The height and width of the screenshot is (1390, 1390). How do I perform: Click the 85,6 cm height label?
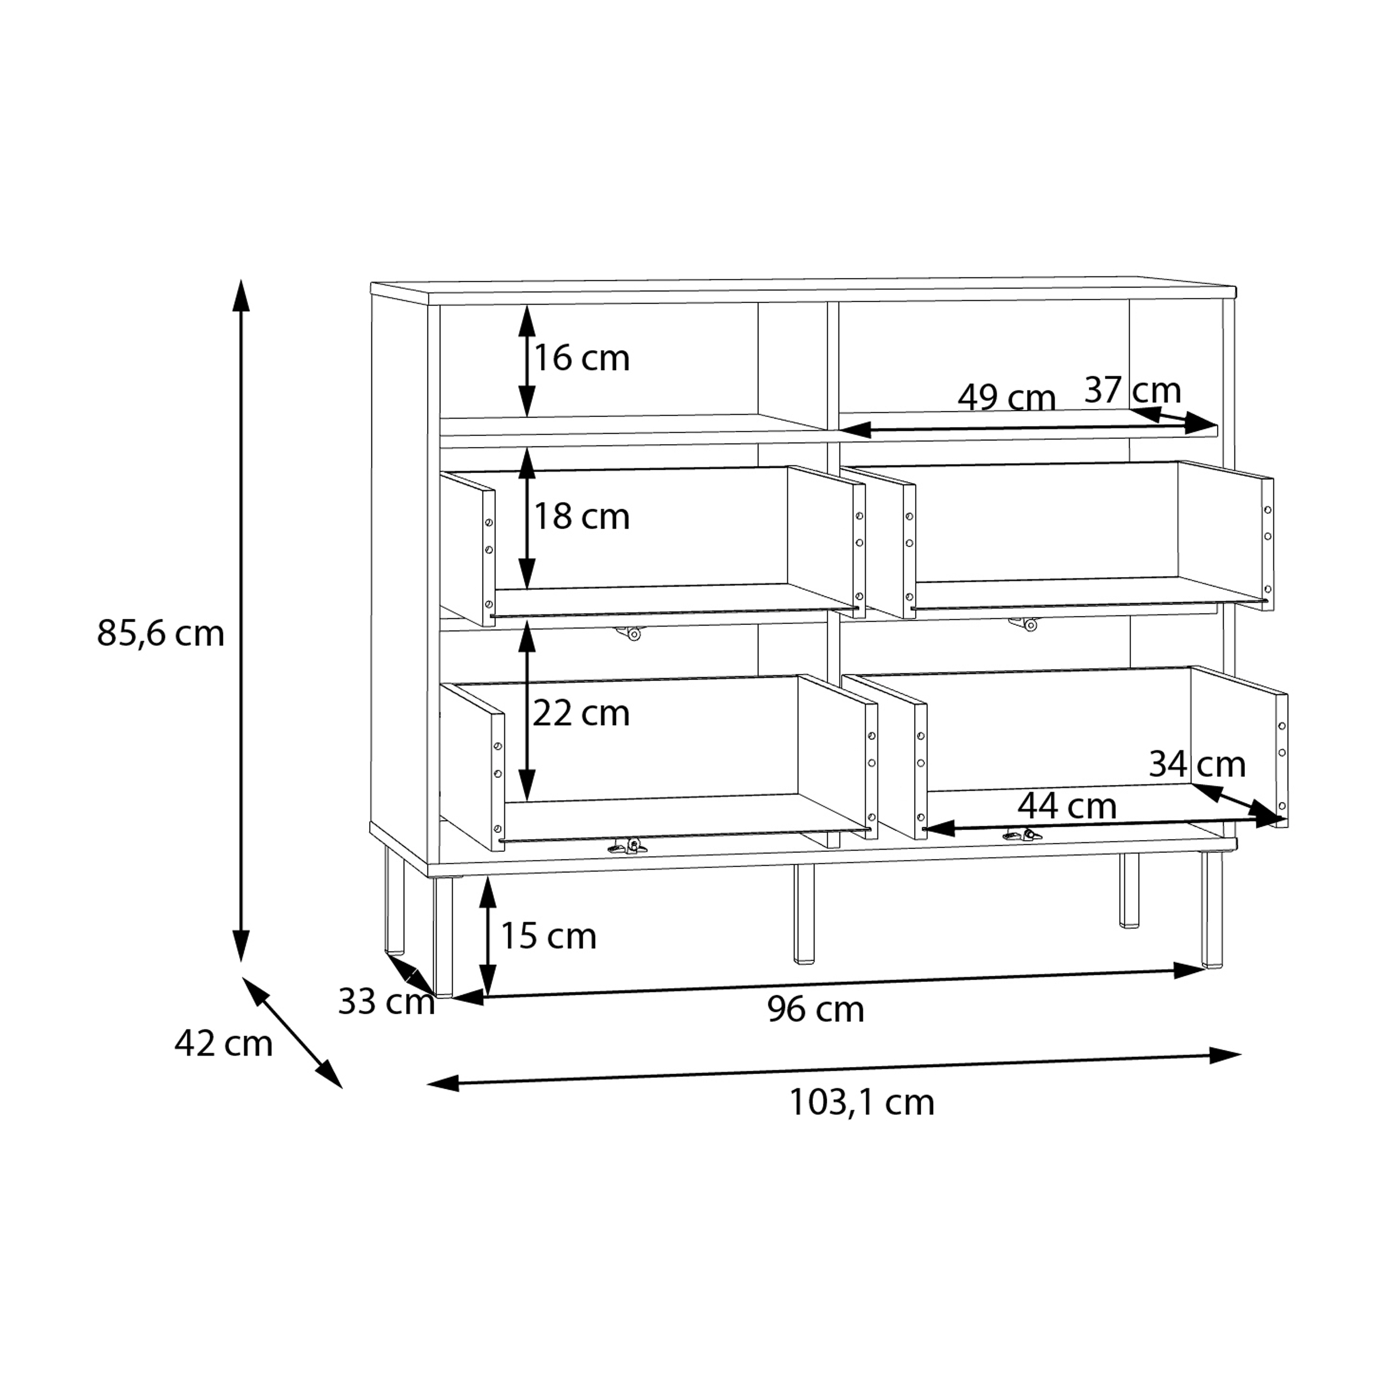[x=161, y=634]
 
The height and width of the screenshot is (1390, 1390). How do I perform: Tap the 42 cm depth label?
[x=223, y=1043]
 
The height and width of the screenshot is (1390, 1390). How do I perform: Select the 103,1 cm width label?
[x=862, y=1102]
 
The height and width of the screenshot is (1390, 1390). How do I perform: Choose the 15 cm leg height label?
[x=548, y=936]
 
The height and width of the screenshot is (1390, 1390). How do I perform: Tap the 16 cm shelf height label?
[x=582, y=358]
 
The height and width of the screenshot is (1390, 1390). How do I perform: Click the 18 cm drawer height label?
[x=582, y=517]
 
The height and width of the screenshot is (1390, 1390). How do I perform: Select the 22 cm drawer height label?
[x=582, y=713]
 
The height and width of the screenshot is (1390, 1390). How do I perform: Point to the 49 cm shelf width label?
[x=1006, y=397]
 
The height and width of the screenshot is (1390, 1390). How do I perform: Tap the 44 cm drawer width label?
[x=1067, y=806]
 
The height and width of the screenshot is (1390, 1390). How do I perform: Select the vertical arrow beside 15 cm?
[x=488, y=936]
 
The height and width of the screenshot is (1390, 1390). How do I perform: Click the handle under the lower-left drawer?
[x=627, y=846]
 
